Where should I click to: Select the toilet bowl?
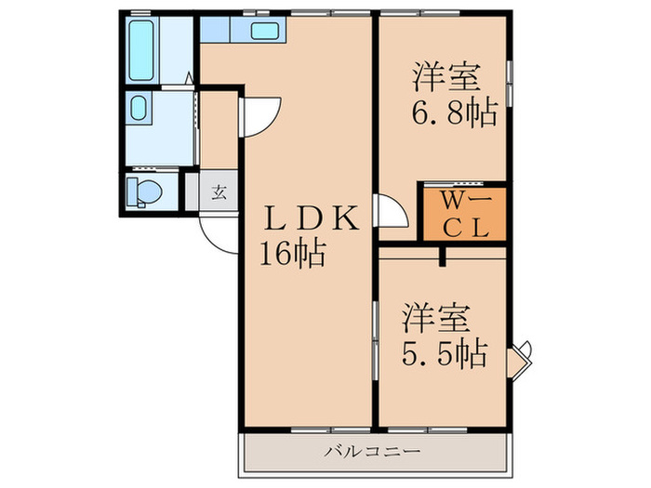(x=145, y=192)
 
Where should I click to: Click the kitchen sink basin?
(x=264, y=31)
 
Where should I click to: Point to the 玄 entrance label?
(x=219, y=193)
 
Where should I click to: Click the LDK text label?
(x=308, y=220)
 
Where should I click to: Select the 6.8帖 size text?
(x=454, y=113)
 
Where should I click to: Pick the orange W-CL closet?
(x=464, y=214)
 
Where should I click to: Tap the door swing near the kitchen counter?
(x=259, y=116)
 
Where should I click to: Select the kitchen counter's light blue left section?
(x=224, y=30)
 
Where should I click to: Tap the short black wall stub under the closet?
(x=443, y=255)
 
